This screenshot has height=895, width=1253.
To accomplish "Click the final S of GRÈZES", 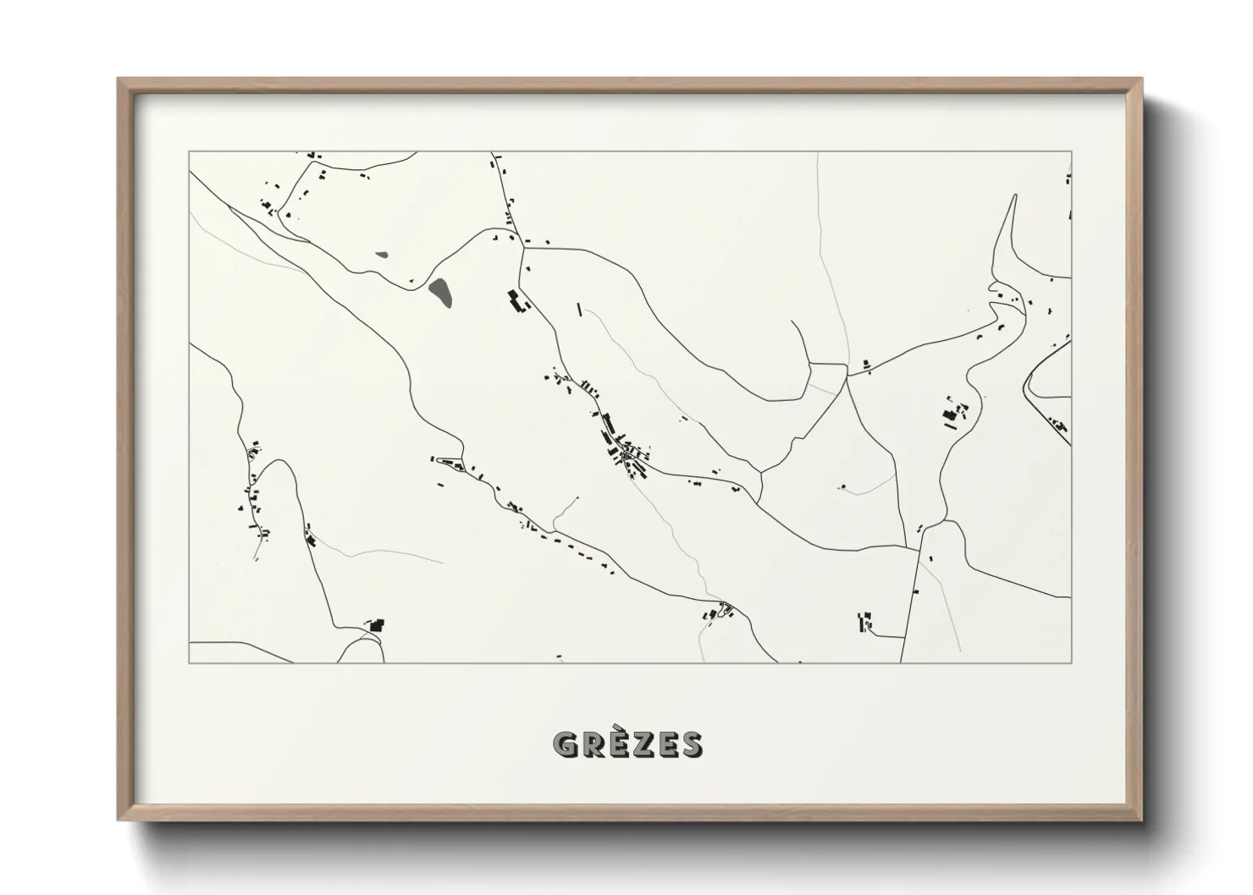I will pos(691,744).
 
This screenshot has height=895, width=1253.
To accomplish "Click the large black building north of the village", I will pos(516,301).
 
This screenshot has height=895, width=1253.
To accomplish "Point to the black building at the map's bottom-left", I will pos(376,626).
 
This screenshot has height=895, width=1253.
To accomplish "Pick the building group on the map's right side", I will pos(954,415).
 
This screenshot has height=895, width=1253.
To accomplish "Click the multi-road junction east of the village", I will pos(847,377).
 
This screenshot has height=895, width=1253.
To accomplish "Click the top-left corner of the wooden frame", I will pos(119,80).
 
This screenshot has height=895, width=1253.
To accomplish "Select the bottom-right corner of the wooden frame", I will pos(1141,820).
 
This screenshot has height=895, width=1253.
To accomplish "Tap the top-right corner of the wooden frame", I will pos(1141,80).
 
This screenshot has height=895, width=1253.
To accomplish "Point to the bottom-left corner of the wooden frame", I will pos(119,820).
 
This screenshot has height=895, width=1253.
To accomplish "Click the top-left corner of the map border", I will pos(189,151).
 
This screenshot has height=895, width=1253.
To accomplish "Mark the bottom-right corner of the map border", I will pos(1072,663).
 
